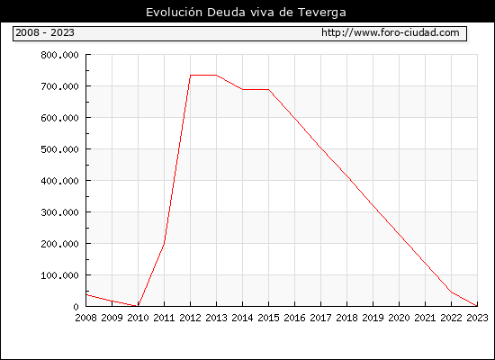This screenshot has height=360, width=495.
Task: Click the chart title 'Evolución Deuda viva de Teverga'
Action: [246, 13]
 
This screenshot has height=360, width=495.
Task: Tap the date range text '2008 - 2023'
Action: [45, 32]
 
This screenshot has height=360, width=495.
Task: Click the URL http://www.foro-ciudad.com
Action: [391, 32]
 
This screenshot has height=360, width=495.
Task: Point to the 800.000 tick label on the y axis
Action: [59, 55]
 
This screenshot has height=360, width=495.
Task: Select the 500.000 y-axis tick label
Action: [59, 149]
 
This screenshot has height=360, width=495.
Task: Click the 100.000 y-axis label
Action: [59, 275]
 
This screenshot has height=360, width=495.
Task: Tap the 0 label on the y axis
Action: [76, 307]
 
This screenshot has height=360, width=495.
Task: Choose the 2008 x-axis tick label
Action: [85, 318]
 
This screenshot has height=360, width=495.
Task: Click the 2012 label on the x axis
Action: [191, 318]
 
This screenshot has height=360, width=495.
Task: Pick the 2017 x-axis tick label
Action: [320, 318]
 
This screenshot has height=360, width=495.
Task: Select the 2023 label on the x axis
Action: [477, 318]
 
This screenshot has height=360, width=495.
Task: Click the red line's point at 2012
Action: [191, 76]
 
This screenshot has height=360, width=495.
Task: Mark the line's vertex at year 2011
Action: [164, 243]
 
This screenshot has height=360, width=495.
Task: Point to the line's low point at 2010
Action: [138, 306]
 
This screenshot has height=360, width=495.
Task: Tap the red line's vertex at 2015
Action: [269, 89]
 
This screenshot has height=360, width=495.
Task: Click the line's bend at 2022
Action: [452, 292]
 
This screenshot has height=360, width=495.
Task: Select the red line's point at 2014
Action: [242, 89]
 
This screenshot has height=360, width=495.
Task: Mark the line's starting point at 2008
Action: [86, 294]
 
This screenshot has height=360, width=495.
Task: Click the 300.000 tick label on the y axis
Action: [59, 212]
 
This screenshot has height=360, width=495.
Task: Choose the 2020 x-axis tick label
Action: [399, 318]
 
